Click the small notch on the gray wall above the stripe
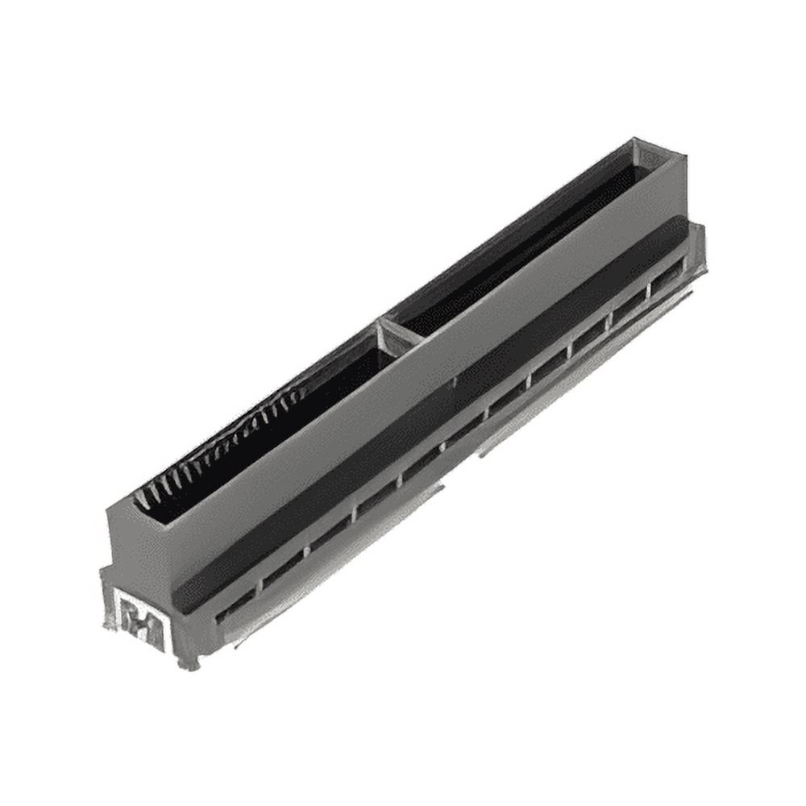(455, 378)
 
